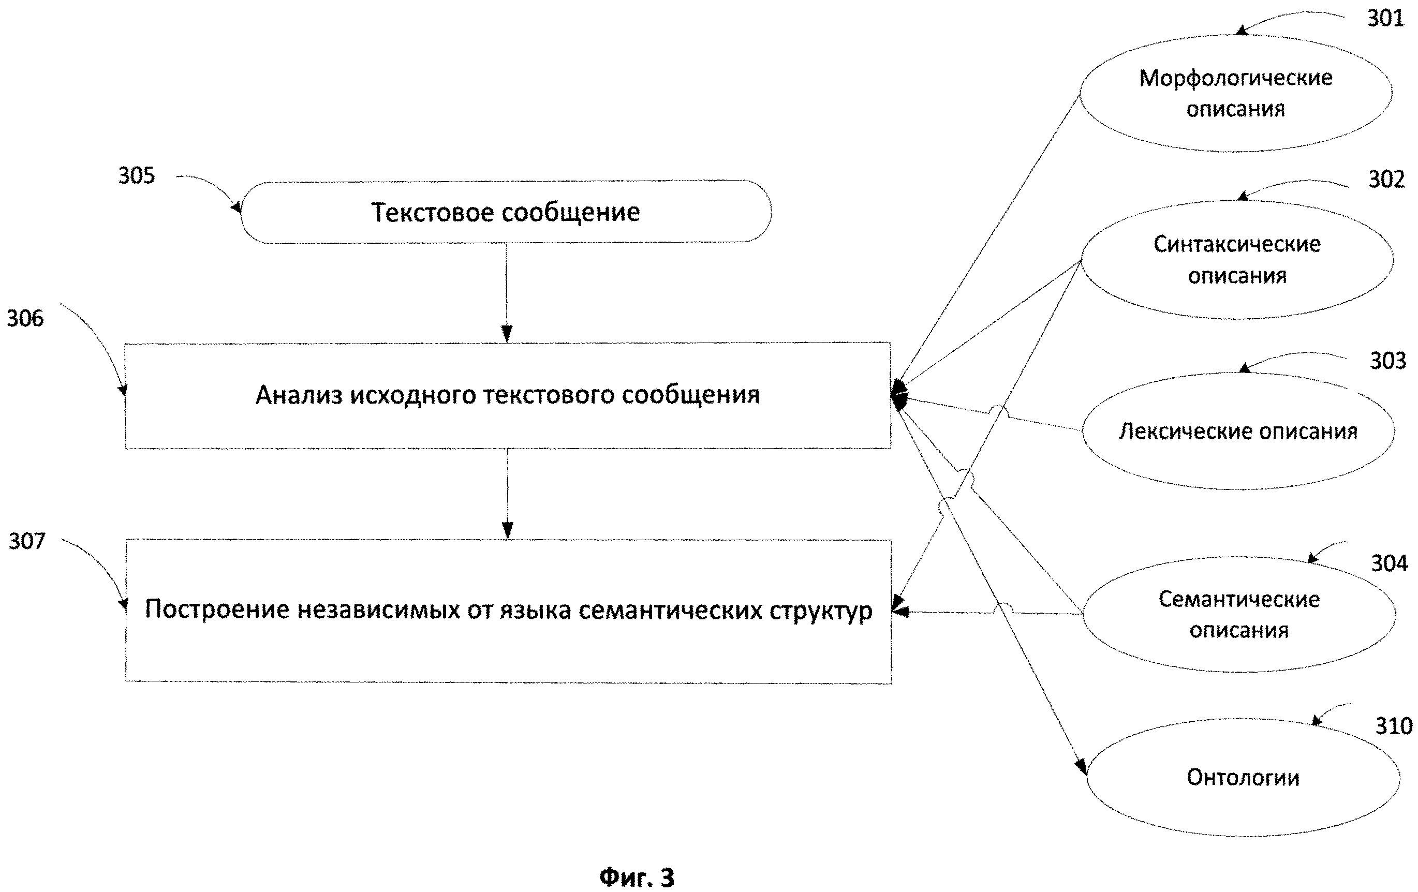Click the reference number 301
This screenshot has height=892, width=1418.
coord(1385,18)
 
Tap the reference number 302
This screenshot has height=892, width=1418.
coord(1386,179)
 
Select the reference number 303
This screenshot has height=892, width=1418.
coord(1387,360)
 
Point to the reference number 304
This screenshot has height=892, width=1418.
coord(1389,563)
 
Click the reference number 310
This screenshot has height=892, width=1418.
coord(1393,726)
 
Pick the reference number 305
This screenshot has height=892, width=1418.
coord(137,175)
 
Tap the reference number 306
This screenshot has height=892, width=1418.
coord(25,319)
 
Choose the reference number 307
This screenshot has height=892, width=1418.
coord(26,541)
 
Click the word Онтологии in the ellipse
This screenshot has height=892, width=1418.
coord(1243,778)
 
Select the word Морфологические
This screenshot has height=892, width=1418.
coord(1235,78)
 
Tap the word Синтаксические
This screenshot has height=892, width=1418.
coord(1237,244)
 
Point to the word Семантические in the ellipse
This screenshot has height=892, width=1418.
coord(1239,599)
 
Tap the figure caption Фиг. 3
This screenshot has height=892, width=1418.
coord(637,876)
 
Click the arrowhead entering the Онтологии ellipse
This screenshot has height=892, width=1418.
coord(1081,767)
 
